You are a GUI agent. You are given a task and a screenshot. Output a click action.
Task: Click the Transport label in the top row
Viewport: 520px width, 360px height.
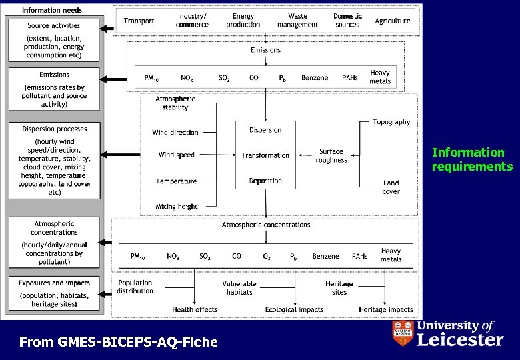click(139, 21)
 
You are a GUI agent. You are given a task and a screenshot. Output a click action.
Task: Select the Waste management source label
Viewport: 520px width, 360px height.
click(297, 20)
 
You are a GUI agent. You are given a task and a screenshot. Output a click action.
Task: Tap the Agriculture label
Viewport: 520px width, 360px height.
click(393, 21)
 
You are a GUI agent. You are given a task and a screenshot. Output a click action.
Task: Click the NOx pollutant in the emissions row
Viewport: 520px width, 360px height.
click(188, 78)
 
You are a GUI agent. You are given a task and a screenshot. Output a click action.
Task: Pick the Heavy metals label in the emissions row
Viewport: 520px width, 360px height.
click(380, 77)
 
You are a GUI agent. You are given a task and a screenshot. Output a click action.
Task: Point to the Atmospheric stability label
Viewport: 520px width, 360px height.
click(175, 103)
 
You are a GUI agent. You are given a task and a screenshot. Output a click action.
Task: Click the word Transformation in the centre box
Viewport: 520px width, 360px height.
click(265, 155)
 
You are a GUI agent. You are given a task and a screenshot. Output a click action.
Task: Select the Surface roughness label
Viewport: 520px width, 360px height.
click(331, 156)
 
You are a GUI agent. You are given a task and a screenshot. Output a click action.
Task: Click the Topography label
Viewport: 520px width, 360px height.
click(391, 122)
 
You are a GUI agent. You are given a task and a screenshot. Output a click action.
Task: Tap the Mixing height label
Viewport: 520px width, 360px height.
click(177, 207)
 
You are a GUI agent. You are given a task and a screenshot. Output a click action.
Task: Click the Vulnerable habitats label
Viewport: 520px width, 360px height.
click(239, 287)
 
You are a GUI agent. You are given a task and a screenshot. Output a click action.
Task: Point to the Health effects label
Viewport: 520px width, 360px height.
click(195, 309)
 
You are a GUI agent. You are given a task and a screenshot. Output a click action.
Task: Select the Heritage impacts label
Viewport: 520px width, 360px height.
click(386, 309)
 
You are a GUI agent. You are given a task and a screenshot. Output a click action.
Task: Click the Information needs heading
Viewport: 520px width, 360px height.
click(52, 10)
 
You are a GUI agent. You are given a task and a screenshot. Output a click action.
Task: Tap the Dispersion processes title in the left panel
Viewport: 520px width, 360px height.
click(54, 129)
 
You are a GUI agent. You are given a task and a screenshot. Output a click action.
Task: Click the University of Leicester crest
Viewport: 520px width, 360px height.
click(402, 333)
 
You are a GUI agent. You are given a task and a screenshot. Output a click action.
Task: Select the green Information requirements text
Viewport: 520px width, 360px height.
click(472, 159)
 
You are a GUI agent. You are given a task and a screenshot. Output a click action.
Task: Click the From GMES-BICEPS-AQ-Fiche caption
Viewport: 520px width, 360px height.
click(119, 342)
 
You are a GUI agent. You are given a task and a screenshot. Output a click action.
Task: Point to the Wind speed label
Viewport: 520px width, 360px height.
click(177, 155)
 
